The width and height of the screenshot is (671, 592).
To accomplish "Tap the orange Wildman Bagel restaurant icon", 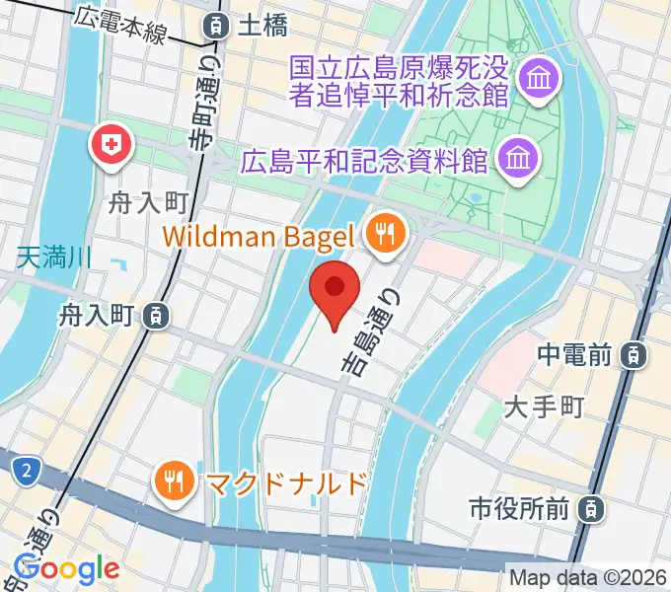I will pos(383,234).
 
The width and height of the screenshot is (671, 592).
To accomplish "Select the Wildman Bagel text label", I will pos(259,236).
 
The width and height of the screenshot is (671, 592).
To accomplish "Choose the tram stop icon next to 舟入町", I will pos(154,316).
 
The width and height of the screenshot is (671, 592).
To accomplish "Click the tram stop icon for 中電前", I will pos(639,353).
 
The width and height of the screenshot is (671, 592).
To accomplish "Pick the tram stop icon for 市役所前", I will pos(590,509).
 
